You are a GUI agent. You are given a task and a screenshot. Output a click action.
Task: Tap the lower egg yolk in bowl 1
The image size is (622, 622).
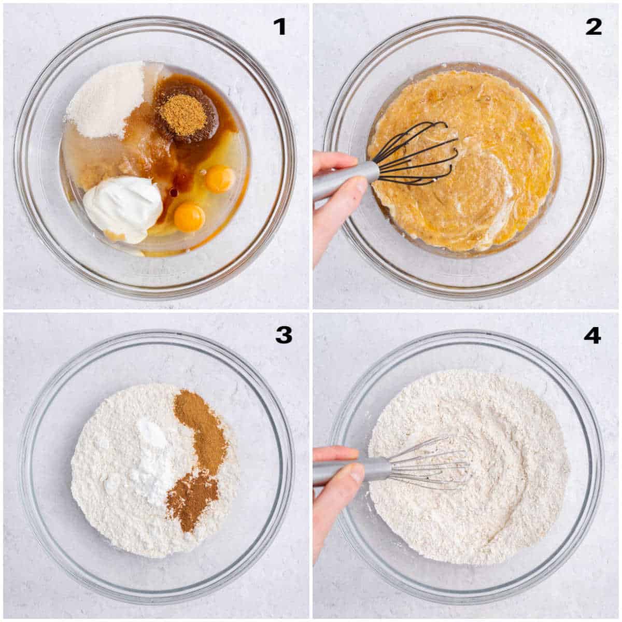(190, 217)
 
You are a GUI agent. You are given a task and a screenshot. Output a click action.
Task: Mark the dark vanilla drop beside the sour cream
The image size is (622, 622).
(174, 193)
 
